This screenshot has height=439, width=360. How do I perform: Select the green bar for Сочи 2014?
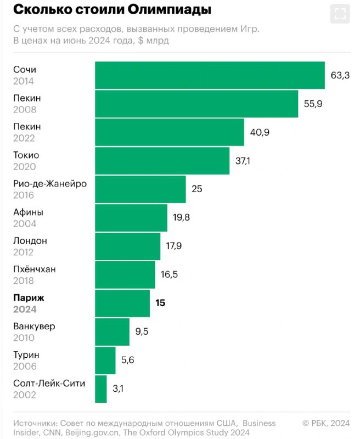[x=210, y=75]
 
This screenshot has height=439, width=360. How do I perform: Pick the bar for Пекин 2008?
[x=196, y=104]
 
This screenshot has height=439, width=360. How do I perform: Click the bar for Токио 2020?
[x=162, y=161]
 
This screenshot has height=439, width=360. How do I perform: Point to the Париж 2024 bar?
[x=122, y=303]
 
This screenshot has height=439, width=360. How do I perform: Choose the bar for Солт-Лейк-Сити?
[x=101, y=389]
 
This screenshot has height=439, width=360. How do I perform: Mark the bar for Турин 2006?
[x=105, y=361]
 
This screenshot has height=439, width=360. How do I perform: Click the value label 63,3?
[x=340, y=75]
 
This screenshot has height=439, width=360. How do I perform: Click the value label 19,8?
[x=182, y=218]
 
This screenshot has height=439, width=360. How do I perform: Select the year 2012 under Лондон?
[x=24, y=252]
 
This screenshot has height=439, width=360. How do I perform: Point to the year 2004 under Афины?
[x=24, y=223]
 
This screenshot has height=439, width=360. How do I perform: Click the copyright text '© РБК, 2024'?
[x=326, y=423]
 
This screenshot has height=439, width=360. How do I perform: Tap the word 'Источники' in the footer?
[x=35, y=423]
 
